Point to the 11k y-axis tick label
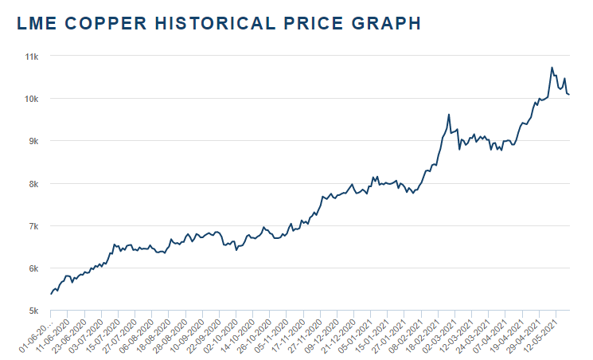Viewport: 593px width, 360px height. (x=33, y=57)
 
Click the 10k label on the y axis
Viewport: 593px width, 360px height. (x=33, y=99)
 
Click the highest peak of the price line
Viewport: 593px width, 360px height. (x=552, y=68)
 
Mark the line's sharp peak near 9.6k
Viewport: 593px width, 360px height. (x=449, y=115)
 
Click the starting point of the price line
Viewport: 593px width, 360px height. (x=51, y=294)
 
